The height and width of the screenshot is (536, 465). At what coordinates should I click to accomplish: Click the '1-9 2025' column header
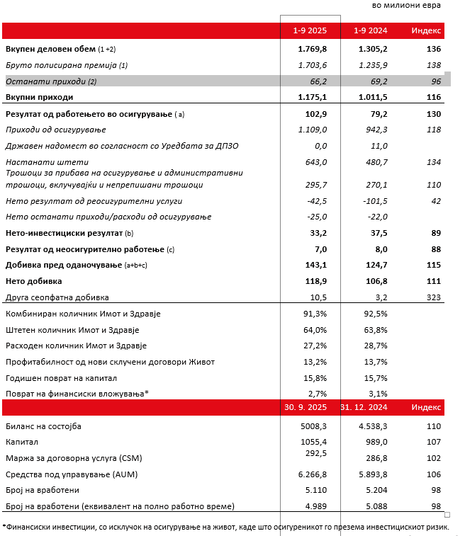pyautogui.click(x=310, y=30)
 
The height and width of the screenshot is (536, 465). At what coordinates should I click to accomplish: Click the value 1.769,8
pyautogui.click(x=313, y=49)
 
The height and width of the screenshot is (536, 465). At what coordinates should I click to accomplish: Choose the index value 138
pyautogui.click(x=434, y=65)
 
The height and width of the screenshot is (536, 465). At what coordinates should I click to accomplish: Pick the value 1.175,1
pyautogui.click(x=313, y=97)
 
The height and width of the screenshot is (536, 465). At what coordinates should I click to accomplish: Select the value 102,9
pyautogui.click(x=315, y=113)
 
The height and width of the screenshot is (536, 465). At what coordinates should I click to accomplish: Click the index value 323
pyautogui.click(x=434, y=297)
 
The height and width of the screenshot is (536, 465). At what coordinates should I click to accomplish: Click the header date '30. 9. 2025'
pyautogui.click(x=306, y=407)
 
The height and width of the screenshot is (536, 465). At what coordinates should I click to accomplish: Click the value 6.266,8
pyautogui.click(x=313, y=474)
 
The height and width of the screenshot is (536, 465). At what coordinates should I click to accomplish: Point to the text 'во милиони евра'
pyautogui.click(x=405, y=6)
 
